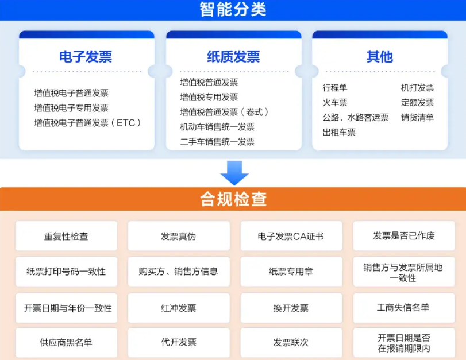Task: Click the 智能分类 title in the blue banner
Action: [x=233, y=9]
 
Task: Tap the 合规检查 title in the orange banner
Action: [x=233, y=199]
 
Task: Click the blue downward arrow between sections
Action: [x=234, y=173]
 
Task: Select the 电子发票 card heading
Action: [x=86, y=56]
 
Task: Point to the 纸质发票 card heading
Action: [x=233, y=56]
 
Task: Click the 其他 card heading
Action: [x=379, y=56]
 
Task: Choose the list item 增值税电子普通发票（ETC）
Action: [x=88, y=123]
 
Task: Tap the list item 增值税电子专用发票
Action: [x=71, y=108]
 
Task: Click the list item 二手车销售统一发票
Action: [x=217, y=142]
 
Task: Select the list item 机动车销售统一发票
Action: [x=217, y=127]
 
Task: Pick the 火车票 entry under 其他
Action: [x=335, y=102]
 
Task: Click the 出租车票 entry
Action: [x=339, y=132]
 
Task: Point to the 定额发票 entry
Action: [x=417, y=102]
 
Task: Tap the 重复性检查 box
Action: [x=66, y=236]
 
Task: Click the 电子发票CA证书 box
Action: [x=291, y=236]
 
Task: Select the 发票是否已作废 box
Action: [x=404, y=236]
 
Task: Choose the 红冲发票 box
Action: [x=179, y=308]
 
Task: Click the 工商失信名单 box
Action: [x=404, y=308]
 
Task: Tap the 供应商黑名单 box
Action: [x=66, y=342]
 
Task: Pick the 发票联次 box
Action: [x=291, y=342]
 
